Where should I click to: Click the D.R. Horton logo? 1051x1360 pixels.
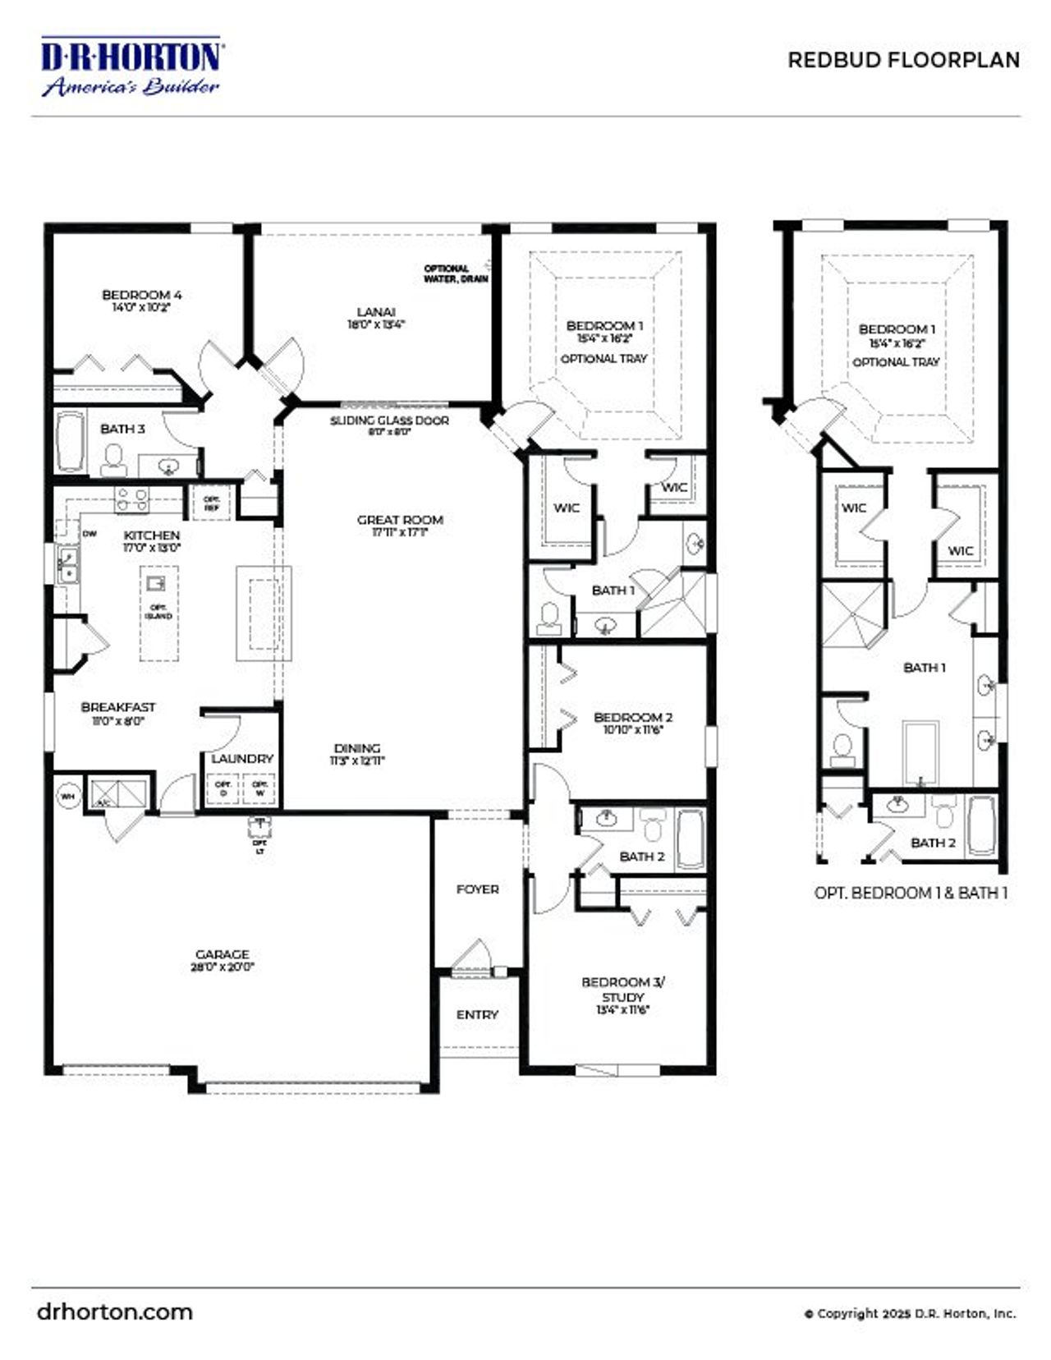pos(131,67)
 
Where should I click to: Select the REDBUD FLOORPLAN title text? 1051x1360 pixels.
pos(903,60)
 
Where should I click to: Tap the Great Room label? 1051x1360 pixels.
pos(400,520)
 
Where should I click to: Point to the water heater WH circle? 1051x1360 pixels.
pos(68,796)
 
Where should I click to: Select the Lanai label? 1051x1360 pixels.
pos(376,311)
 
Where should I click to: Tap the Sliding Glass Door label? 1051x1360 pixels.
pos(389,420)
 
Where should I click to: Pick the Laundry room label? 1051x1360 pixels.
pos(242,758)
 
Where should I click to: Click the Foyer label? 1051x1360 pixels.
pos(477,889)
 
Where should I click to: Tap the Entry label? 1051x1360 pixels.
pos(477,1014)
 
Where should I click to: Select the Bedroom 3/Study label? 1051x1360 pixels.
pos(623,989)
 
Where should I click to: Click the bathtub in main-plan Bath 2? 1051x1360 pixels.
pos(690,839)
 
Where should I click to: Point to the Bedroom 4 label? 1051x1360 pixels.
pos(142,295)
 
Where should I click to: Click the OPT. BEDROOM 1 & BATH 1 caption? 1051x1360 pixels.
pos(911,893)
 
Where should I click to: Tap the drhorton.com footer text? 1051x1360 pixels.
pos(115,1312)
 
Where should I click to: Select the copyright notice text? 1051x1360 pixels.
pos(910,1313)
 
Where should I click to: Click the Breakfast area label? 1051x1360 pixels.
pos(118,707)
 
